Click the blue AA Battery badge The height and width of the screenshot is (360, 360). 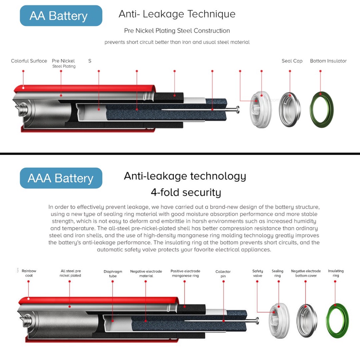point(61,16)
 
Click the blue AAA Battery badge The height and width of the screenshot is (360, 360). point(61,178)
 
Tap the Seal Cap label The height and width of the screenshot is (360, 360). point(292,61)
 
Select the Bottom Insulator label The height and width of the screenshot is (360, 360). point(328,61)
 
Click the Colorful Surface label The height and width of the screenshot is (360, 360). point(29,61)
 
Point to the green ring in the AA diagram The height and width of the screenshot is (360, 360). point(321,109)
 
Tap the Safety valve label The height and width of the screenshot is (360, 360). point(258,273)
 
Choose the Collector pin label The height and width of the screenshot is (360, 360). point(223,274)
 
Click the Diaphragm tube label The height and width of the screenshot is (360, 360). point(113,274)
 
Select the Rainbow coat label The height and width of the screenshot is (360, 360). point(29,273)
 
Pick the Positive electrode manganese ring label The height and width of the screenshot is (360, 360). point(185,273)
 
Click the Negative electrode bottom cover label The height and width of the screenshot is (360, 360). point(306,273)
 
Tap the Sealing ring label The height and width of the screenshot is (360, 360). point(277,273)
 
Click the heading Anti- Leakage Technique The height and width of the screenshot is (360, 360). point(177,14)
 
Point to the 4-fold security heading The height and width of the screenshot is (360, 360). point(186,192)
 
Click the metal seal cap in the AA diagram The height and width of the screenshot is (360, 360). point(290,109)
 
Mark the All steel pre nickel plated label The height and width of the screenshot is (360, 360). point(71,273)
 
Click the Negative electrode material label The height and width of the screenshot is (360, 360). point(146,273)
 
